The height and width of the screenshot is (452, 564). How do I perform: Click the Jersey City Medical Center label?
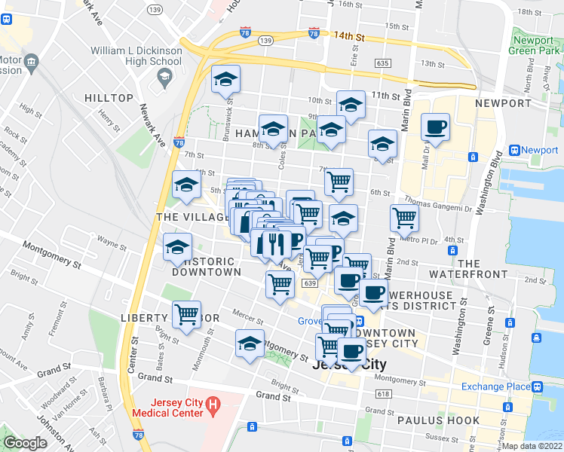(x=167, y=408)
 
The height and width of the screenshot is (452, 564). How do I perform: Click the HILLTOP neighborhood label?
(x=109, y=99)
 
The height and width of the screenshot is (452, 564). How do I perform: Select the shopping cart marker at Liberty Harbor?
(x=186, y=314)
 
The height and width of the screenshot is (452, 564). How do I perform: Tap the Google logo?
(x=24, y=443)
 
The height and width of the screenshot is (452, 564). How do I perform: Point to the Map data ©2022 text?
(x=532, y=446)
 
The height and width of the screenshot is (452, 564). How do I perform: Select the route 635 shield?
(x=382, y=64)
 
